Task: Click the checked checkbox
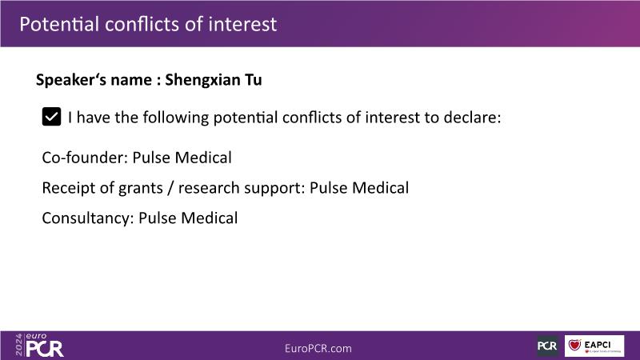pyautogui.click(x=51, y=117)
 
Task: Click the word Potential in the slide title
pyautogui.click(x=59, y=24)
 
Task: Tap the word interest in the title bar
pyautogui.click(x=242, y=24)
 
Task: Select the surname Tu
pyautogui.click(x=254, y=79)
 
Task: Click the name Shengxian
pyautogui.click(x=202, y=80)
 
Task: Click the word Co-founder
pyautogui.click(x=84, y=158)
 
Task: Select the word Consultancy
pyautogui.click(x=88, y=218)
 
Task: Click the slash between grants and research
pyautogui.click(x=170, y=188)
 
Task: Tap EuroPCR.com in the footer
pyautogui.click(x=318, y=348)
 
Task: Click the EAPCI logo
pyautogui.click(x=594, y=346)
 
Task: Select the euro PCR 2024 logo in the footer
pyautogui.click(x=39, y=346)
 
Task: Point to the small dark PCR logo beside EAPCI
pyautogui.click(x=547, y=346)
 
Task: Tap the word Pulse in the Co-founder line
pyautogui.click(x=151, y=158)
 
